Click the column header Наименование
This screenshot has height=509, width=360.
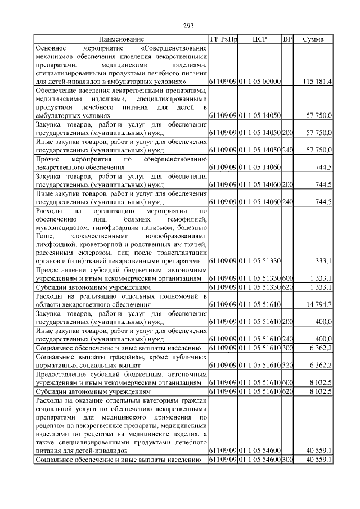121,39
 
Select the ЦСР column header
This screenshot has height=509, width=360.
260,39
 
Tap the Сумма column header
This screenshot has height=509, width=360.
313,39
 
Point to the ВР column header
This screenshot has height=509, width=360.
287,39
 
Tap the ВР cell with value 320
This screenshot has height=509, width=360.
287,365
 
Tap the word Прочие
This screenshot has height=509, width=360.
48,159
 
